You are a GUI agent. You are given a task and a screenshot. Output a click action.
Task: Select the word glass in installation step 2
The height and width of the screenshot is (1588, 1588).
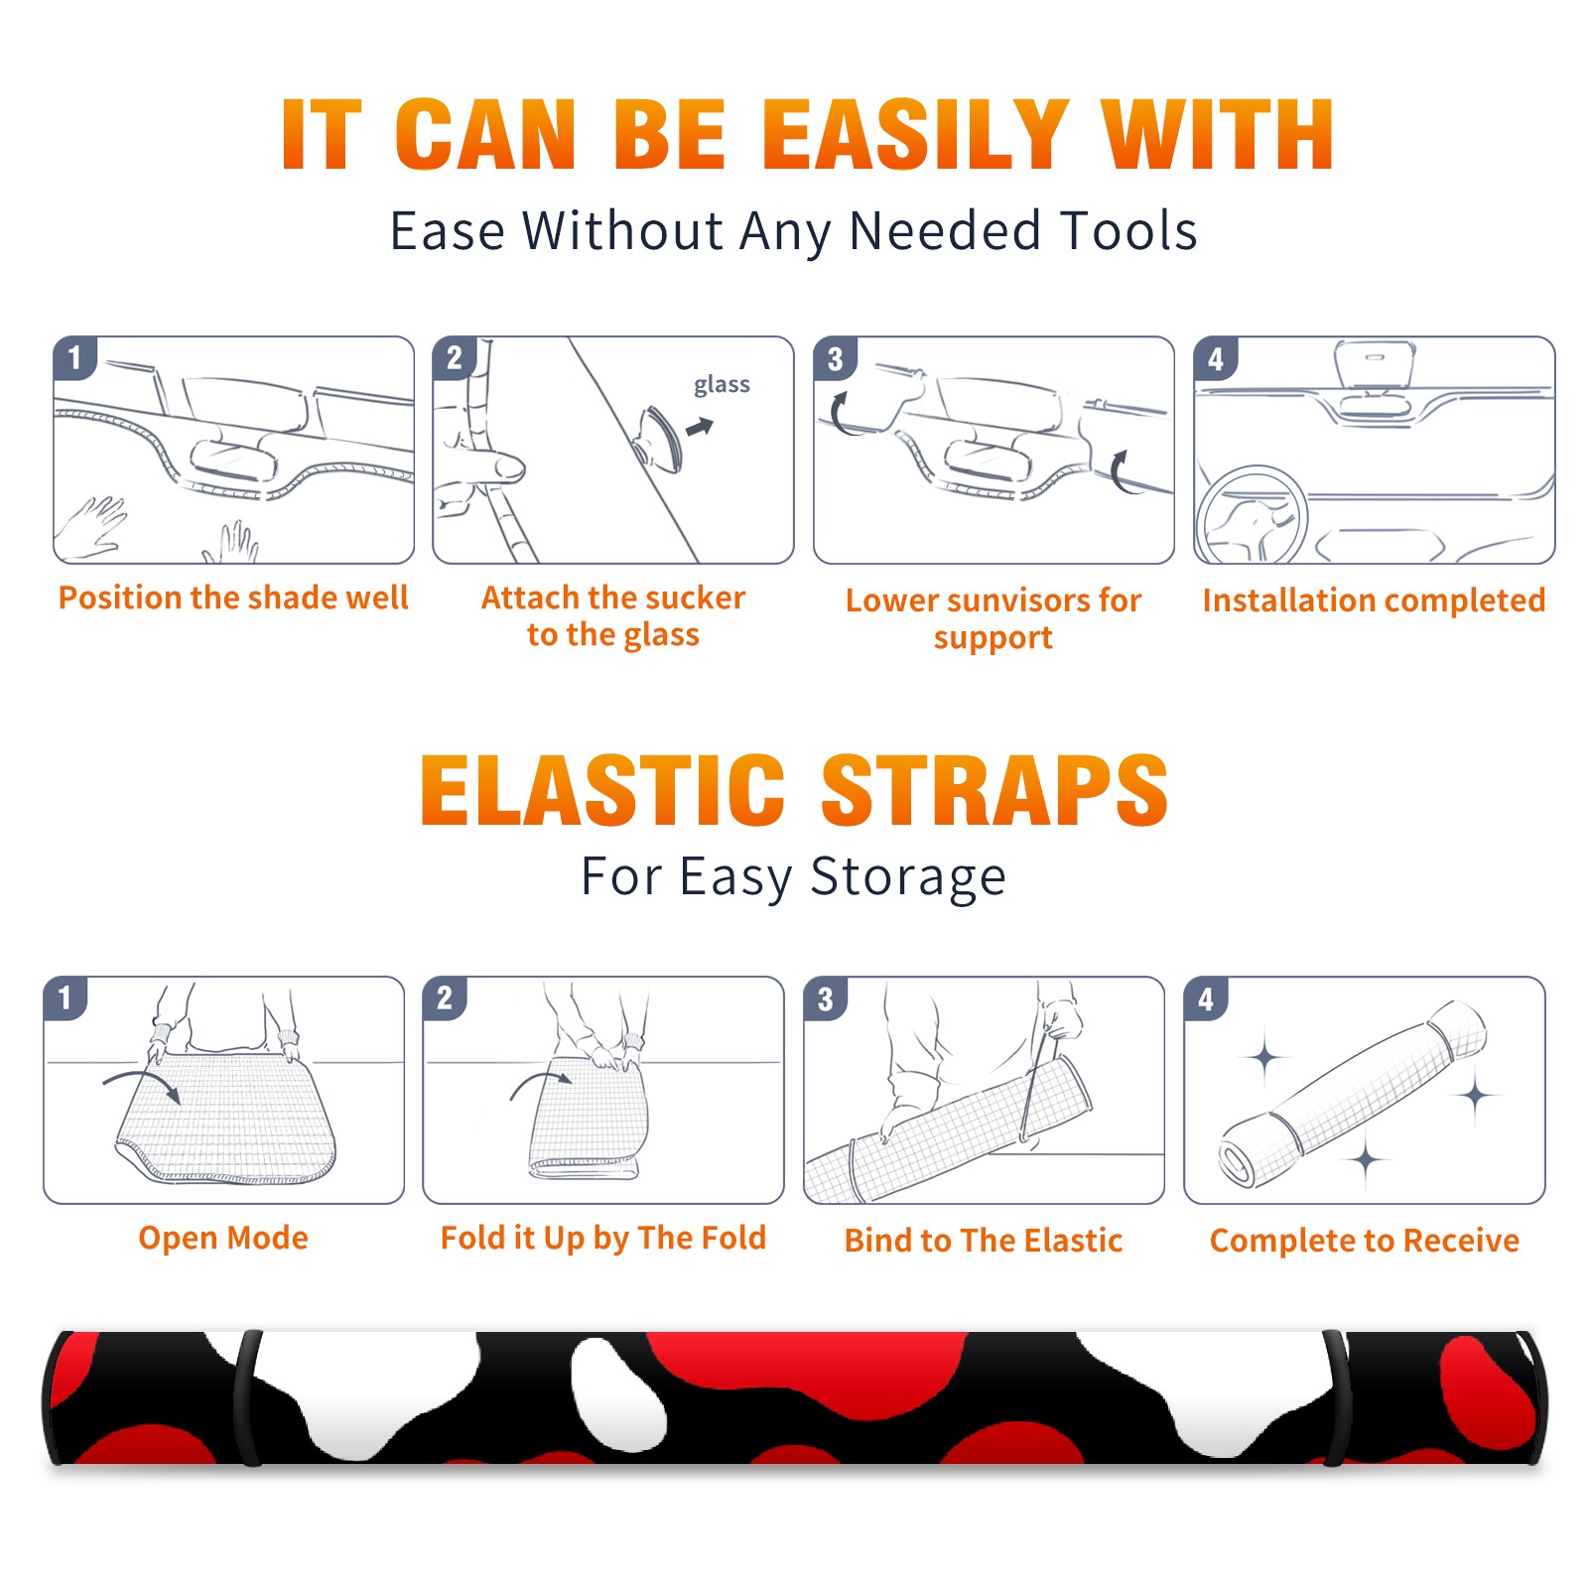point(722,385)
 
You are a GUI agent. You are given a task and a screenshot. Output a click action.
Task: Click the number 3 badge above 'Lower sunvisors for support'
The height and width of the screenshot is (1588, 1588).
point(835,358)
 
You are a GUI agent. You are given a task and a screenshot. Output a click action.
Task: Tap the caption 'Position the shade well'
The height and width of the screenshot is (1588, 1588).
point(233,597)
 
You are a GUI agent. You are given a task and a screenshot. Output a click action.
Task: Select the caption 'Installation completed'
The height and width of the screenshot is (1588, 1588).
point(1374,599)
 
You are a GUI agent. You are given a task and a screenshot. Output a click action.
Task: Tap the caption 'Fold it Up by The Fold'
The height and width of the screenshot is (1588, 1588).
point(603,1238)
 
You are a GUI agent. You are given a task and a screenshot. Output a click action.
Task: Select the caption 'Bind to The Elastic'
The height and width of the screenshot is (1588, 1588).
point(983,1241)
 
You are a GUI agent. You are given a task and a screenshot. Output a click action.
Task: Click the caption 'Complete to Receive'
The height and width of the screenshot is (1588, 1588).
point(1365,1241)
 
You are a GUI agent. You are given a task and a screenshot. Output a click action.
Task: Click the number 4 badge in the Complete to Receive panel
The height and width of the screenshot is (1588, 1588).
point(1205,998)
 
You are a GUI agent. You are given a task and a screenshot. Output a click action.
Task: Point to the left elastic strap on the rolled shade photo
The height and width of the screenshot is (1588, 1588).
point(246,1397)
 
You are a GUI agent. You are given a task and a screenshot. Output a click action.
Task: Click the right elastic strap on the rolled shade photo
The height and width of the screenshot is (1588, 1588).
point(1336,1397)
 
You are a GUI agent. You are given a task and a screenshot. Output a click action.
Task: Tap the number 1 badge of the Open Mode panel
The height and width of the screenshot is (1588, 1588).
point(66,997)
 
